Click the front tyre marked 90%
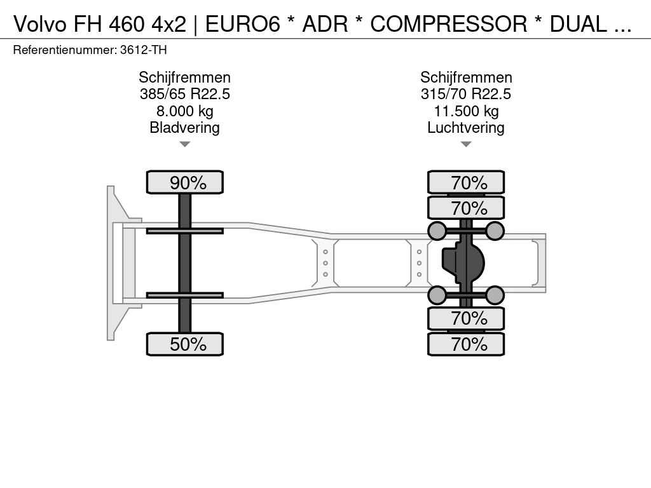pos(185,182)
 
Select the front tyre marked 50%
pos(185,344)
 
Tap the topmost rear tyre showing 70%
pos(466,182)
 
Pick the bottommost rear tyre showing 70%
pos(466,344)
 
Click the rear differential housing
pos(463,262)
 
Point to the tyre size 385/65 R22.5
pos(185,94)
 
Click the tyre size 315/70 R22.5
pos(466,94)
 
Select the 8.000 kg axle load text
pos(185,111)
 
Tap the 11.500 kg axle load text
pos(466,111)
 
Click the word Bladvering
pos(185,127)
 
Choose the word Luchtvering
pos(466,127)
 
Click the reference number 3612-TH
pos(143,50)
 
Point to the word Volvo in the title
pos(40,24)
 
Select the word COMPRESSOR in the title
pos(448,24)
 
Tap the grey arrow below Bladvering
pos(185,144)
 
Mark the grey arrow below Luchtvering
pos(466,144)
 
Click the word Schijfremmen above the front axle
pos(185,78)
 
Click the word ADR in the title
pos(325,24)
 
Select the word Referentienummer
pos(65,50)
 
